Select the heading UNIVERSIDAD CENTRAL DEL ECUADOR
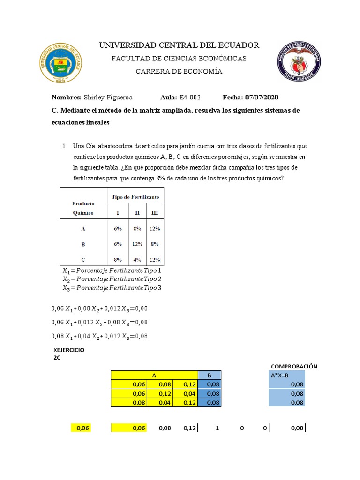[x=178, y=45]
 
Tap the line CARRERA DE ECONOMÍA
[x=179, y=71]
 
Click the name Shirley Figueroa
[x=108, y=97]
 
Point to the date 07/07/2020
[x=261, y=97]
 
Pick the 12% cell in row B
[x=136, y=244]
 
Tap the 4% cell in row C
[x=136, y=259]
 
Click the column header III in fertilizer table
[x=154, y=212]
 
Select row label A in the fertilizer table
[x=83, y=229]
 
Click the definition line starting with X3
[x=112, y=287]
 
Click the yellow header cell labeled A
[x=154, y=375]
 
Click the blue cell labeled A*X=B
[x=286, y=375]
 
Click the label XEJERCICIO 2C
[x=69, y=353]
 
